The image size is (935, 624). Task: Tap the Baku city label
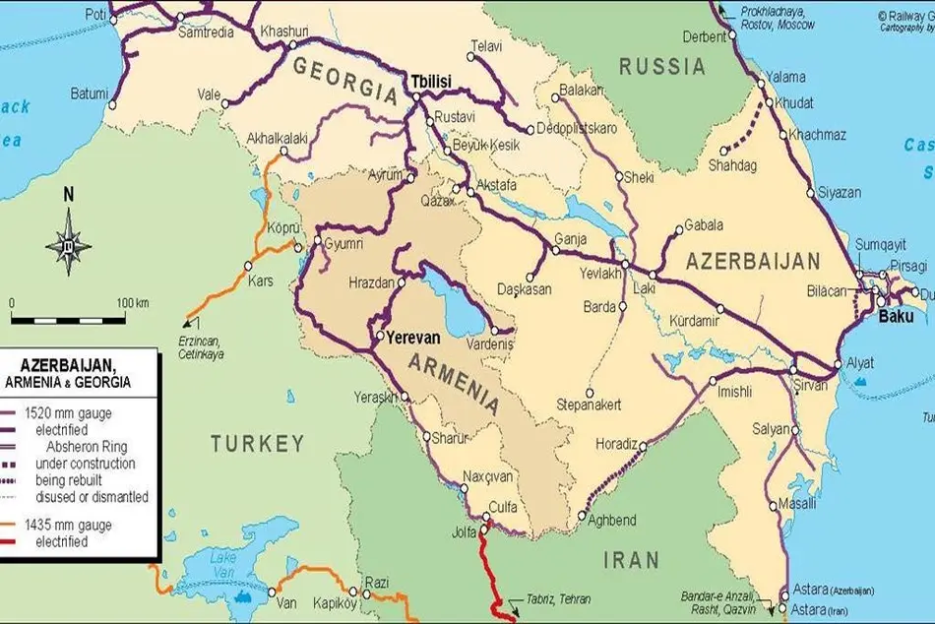click(896, 316)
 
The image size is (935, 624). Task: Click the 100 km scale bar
click(68, 319)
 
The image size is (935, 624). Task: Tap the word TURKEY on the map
click(257, 444)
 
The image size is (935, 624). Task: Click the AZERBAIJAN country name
click(753, 262)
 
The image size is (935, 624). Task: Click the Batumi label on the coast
click(89, 94)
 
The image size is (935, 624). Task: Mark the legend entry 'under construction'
click(85, 464)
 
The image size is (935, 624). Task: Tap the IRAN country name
click(631, 560)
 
